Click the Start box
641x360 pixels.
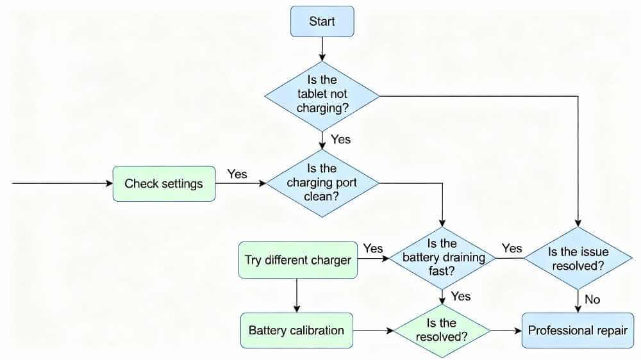[322, 21]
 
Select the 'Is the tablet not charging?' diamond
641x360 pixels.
[322, 96]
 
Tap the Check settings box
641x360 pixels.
[163, 184]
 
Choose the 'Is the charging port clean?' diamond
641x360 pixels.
[322, 183]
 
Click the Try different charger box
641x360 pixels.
[297, 260]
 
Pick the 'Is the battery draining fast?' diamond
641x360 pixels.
[442, 258]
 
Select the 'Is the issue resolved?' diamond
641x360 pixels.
[579, 258]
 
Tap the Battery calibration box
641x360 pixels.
[296, 331]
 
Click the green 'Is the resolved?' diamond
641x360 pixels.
[442, 331]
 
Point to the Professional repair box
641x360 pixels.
[578, 331]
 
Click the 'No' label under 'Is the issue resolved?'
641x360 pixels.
[592, 299]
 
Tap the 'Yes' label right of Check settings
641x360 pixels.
[237, 174]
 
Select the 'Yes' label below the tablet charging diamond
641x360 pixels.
[340, 139]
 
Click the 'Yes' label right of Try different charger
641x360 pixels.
[372, 248]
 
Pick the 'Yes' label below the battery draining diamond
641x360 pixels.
[460, 296]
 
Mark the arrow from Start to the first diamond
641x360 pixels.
[322, 49]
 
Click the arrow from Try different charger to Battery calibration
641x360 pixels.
[297, 295]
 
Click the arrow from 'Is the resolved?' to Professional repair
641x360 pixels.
[506, 331]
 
